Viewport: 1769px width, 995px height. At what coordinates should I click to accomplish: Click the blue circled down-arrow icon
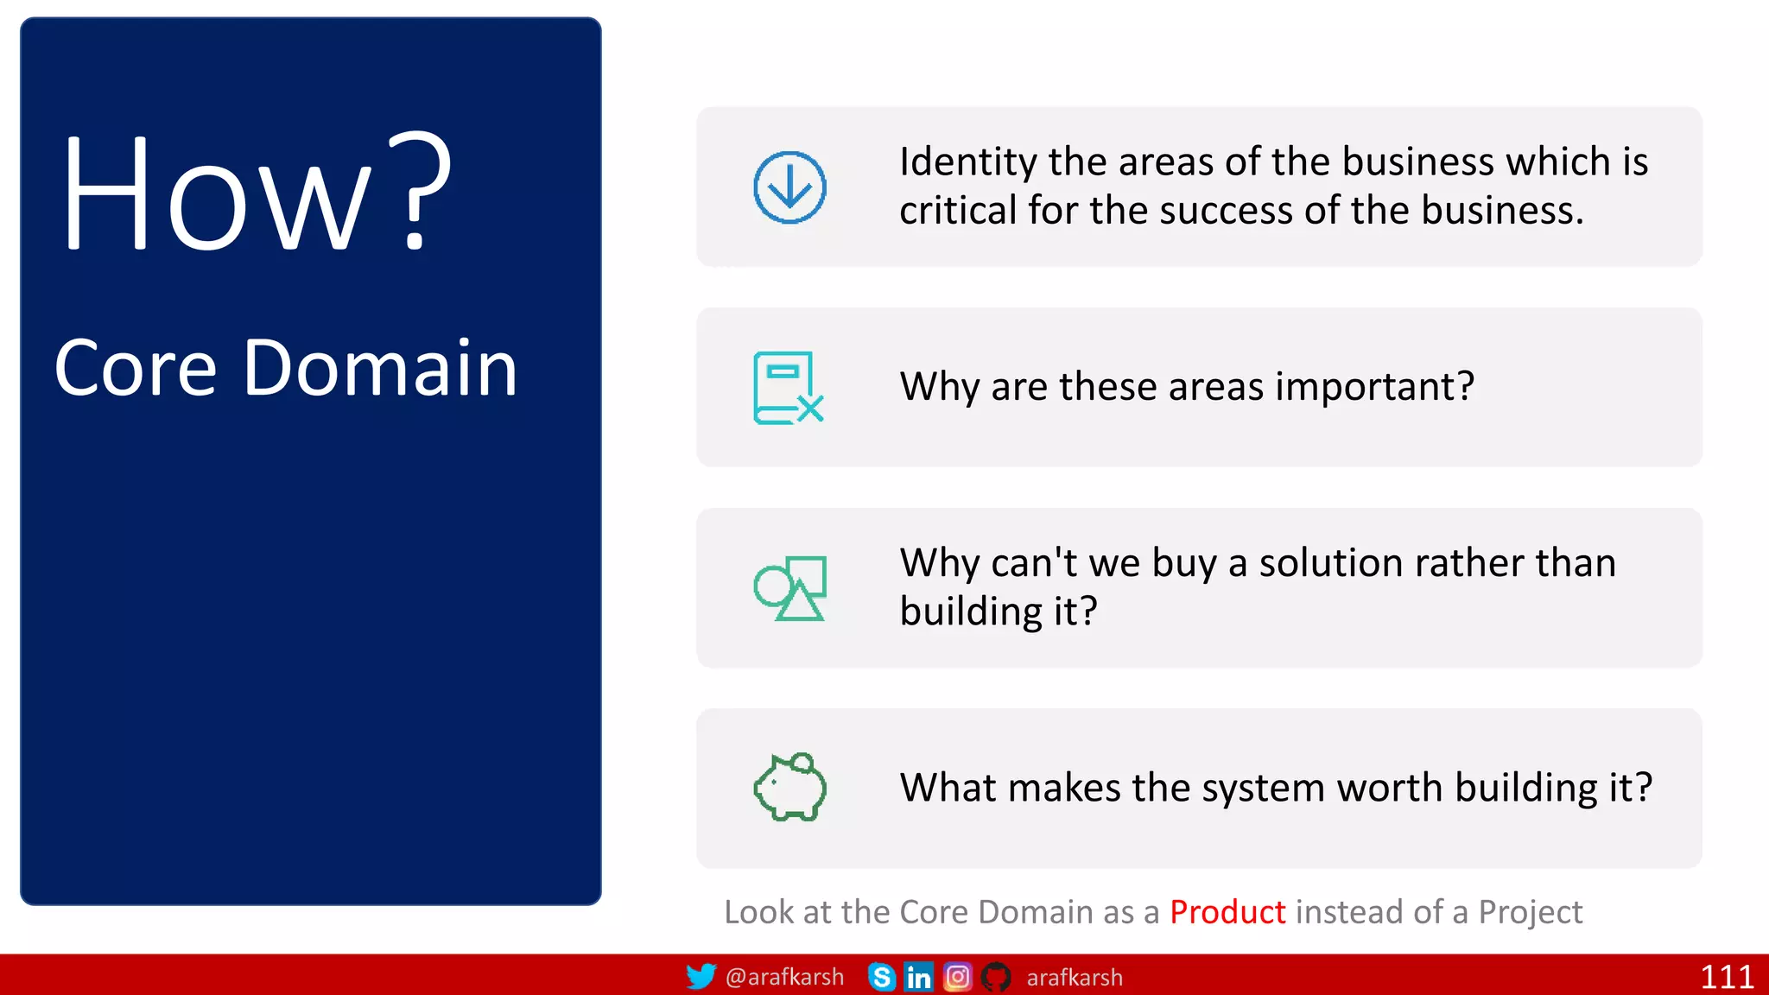[789, 187]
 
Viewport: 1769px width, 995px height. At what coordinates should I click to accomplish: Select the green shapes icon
[790, 588]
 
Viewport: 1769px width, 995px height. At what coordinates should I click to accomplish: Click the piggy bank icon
[790, 787]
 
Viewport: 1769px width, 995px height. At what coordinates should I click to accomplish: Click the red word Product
[1227, 912]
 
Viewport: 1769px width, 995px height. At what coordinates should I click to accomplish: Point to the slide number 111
[1726, 977]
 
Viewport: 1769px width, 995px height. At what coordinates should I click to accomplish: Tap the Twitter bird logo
[701, 977]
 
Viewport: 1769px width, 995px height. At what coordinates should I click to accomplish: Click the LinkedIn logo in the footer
[918, 977]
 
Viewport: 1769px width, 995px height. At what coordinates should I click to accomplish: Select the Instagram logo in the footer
[957, 977]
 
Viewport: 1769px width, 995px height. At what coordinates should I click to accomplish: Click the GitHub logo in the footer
[996, 977]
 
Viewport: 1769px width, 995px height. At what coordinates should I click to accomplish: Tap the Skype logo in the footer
[881, 977]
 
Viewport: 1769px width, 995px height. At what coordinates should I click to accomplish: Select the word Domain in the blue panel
[380, 369]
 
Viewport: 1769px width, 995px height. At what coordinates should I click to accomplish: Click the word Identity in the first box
[967, 163]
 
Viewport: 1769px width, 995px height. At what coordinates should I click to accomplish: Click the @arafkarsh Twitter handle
[784, 977]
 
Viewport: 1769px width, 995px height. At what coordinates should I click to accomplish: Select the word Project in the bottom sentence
[1530, 913]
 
